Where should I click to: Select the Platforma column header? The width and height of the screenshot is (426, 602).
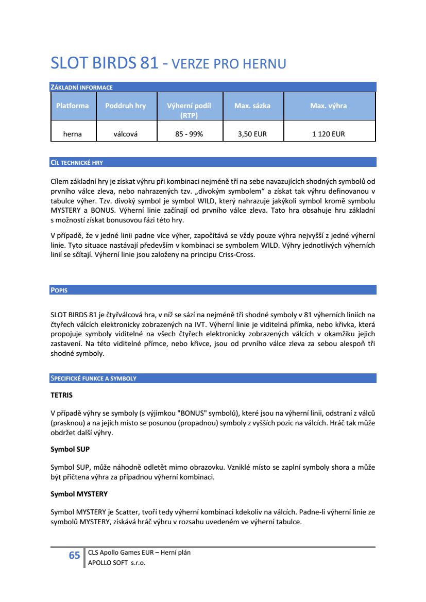click(72, 106)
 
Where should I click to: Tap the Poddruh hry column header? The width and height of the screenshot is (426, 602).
click(125, 106)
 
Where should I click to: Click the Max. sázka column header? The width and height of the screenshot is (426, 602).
click(252, 106)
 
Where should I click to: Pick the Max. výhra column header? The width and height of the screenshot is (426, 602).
click(328, 106)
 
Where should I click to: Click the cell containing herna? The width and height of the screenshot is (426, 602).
click(72, 134)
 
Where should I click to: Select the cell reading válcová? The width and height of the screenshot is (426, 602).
click(125, 134)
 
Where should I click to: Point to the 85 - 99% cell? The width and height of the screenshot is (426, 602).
click(189, 134)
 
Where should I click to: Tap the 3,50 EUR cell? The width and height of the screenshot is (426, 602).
click(252, 134)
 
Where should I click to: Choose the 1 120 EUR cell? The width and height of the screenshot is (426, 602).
click(328, 134)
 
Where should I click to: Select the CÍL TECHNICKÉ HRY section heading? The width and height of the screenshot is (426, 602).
click(77, 162)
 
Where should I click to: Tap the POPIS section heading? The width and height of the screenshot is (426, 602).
click(59, 290)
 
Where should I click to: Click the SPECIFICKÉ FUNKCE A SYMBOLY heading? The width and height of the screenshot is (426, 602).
click(93, 379)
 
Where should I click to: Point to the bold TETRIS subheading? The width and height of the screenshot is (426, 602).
click(61, 395)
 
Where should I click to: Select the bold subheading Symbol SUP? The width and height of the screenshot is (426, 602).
click(70, 449)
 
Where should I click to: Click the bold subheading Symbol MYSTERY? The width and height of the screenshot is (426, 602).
click(79, 494)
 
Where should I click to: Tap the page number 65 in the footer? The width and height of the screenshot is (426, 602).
click(75, 556)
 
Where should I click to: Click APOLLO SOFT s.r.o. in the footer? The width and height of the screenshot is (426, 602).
click(117, 563)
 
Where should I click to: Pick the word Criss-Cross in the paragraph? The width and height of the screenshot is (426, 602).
click(236, 254)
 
